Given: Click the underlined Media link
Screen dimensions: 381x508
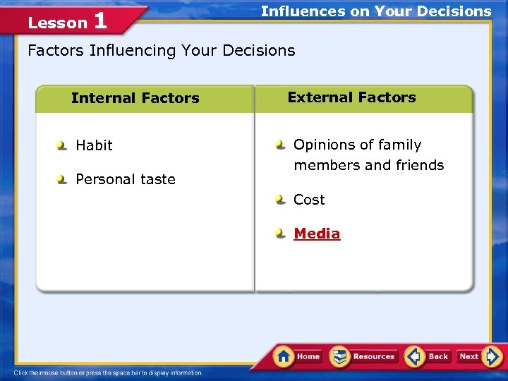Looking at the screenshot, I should coord(317,234).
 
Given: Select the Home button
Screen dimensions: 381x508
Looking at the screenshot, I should coord(298,356).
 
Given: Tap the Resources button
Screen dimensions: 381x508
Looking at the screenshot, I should coord(363,356).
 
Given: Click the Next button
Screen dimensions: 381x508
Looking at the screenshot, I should coord(478,356).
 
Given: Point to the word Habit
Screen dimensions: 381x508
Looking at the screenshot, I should coord(94,145).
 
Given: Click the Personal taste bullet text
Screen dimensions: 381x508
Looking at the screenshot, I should coord(125,179).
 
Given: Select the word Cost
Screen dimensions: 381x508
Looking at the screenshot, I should coord(309,200).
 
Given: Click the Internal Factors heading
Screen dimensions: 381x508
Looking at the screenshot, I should coord(135,98).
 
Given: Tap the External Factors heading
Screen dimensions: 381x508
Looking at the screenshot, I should coord(351,97).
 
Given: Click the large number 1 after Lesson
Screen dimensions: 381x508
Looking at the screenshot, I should coord(99,20).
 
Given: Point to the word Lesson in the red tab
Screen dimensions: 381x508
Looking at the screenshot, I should coord(56,23).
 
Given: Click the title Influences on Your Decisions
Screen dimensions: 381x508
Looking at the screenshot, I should coord(375,11).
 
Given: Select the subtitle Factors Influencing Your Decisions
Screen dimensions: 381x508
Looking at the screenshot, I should coord(161,50).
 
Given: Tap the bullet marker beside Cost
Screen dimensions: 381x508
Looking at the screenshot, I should coord(281,200).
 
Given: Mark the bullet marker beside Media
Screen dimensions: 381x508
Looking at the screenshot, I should coord(281,234).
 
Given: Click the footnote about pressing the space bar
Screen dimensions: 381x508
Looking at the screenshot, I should coord(108,373).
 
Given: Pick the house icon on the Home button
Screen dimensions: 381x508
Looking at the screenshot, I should coord(284,356).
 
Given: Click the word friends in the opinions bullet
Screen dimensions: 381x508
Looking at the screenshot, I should coord(422,165).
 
